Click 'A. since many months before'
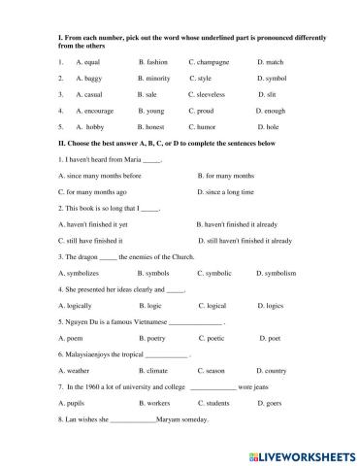click(x=100, y=176)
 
